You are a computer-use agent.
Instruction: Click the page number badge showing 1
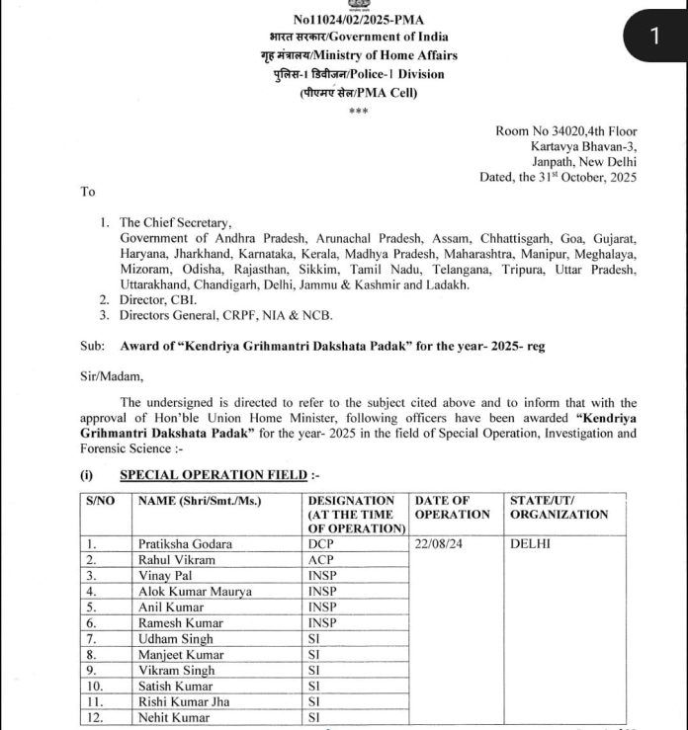click(x=652, y=37)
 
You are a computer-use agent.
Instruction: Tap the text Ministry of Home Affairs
click(x=386, y=56)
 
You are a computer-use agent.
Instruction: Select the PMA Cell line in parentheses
click(x=358, y=92)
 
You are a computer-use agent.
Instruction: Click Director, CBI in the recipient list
click(x=158, y=299)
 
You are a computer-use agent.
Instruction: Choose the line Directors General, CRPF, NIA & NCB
click(x=226, y=315)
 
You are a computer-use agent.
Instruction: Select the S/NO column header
click(x=101, y=501)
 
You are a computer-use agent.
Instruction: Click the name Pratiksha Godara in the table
click(x=186, y=544)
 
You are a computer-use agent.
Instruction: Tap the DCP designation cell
click(x=321, y=544)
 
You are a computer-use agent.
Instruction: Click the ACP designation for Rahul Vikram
click(x=321, y=560)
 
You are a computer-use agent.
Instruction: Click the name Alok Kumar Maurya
click(x=196, y=592)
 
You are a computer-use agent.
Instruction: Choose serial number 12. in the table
click(x=95, y=718)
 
